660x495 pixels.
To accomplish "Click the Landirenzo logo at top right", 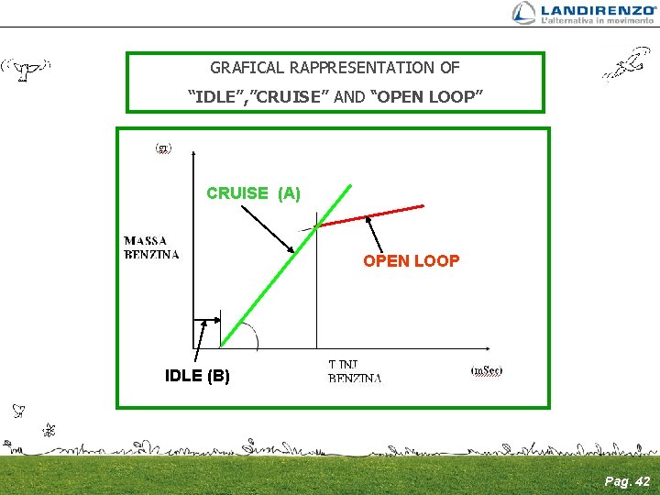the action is (x=583, y=13).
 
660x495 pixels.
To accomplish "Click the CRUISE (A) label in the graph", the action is (x=253, y=193).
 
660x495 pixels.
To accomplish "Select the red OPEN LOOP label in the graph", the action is (x=411, y=261).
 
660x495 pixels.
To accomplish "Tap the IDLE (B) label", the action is (x=197, y=376).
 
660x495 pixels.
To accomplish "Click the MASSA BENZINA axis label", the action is (x=152, y=247).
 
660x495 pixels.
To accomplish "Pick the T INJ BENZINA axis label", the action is (x=356, y=371).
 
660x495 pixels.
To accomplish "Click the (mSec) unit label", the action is (x=487, y=370).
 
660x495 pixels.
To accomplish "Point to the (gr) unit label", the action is (x=162, y=148).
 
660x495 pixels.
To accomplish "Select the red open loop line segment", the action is (x=371, y=216).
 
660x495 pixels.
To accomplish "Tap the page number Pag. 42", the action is (x=628, y=480).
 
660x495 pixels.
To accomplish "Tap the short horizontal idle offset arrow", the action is (x=207, y=320).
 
